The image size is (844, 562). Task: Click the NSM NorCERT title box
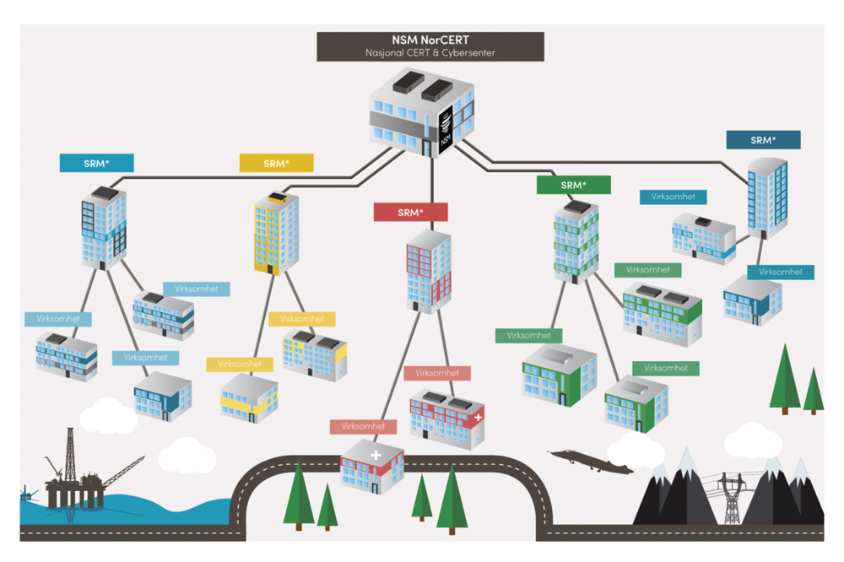coord(430,46)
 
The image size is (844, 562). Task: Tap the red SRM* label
coord(410,213)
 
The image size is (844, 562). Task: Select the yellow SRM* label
coord(276,163)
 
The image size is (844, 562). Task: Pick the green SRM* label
coord(573,185)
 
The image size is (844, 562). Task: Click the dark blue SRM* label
coord(763,140)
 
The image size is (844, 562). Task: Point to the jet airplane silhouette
coord(591,461)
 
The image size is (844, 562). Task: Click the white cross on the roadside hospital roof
coord(375,455)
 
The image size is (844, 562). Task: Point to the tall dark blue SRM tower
coord(767,198)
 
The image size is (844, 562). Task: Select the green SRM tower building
coord(576,241)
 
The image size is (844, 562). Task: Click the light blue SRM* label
coord(96,163)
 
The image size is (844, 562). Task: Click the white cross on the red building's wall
coord(479,417)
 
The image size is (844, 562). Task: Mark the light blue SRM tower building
coord(104,228)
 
